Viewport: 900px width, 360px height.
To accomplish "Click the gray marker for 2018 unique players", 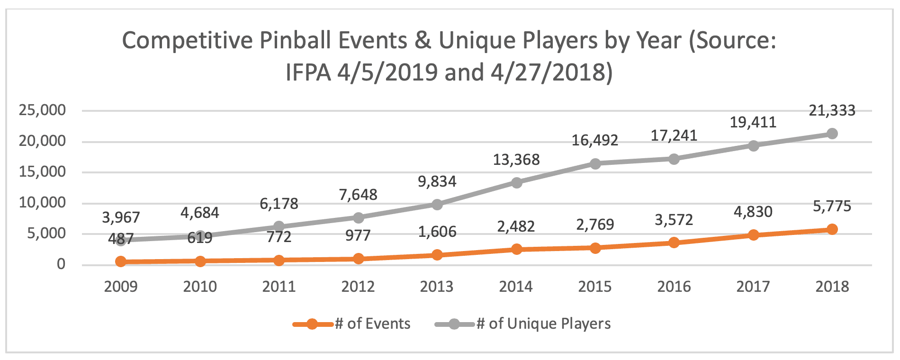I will [832, 134].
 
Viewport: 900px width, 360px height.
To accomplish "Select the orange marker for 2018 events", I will [832, 229].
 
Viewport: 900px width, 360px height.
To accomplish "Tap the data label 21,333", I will [832, 111].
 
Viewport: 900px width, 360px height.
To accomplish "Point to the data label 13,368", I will [516, 160].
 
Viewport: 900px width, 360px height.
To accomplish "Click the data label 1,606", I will [437, 232].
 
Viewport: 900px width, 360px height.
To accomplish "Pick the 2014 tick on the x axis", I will [516, 287].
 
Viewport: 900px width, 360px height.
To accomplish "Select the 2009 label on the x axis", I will [121, 287].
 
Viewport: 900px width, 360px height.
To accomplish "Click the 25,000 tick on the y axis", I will [42, 110].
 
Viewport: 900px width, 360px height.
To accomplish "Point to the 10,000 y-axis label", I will [42, 203].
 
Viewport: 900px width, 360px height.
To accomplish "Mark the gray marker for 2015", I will [595, 163].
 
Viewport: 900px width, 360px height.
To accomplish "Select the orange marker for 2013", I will [437, 255].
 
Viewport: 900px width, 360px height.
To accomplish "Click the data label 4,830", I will [753, 212].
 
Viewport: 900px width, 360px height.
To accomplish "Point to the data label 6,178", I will [279, 204].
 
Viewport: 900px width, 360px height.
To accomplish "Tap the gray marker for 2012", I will [358, 218].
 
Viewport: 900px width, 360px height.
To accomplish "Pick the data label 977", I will [358, 235].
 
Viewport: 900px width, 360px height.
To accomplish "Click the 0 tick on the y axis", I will [61, 264].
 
